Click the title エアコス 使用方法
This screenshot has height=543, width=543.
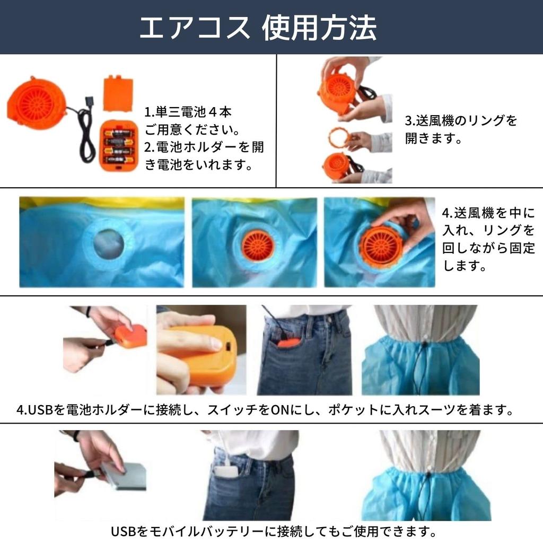pyautogui.click(x=258, y=28)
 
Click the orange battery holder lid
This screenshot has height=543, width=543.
pyautogui.click(x=118, y=94)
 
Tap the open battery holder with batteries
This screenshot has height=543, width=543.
pyautogui.click(x=118, y=146)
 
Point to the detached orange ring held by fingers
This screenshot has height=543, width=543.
pyautogui.click(x=339, y=137)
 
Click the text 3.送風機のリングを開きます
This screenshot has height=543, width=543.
pyautogui.click(x=461, y=129)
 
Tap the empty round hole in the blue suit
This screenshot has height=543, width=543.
pyautogui.click(x=109, y=244)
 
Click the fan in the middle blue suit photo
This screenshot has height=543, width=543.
pyautogui.click(x=258, y=245)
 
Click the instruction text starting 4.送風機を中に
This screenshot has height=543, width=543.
pyautogui.click(x=488, y=240)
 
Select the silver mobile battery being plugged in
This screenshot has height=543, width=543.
pyautogui.click(x=123, y=475)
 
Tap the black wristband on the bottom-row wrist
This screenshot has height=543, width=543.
pyautogui.click(x=76, y=436)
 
